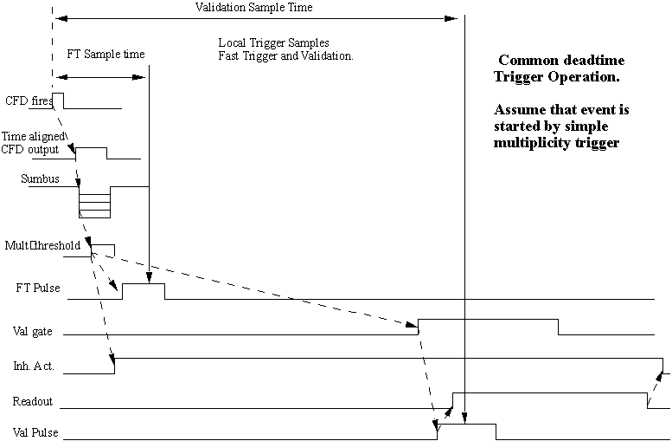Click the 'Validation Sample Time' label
(x=253, y=7)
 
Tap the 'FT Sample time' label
(x=106, y=54)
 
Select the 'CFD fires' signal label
(x=29, y=101)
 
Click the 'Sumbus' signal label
(x=41, y=178)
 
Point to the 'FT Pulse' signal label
(x=38, y=288)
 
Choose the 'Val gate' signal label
(x=33, y=332)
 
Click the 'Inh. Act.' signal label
(x=34, y=366)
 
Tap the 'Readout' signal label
(x=33, y=401)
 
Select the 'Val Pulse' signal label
(x=35, y=432)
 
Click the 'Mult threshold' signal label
(x=42, y=245)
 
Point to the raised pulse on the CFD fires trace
(x=58, y=101)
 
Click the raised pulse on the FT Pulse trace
(x=144, y=291)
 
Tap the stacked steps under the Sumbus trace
(x=95, y=202)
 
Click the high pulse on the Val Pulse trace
(x=466, y=431)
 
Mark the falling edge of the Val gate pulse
(x=559, y=327)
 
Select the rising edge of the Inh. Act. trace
(x=114, y=366)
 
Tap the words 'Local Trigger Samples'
(x=274, y=43)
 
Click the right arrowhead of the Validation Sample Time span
(x=451, y=18)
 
